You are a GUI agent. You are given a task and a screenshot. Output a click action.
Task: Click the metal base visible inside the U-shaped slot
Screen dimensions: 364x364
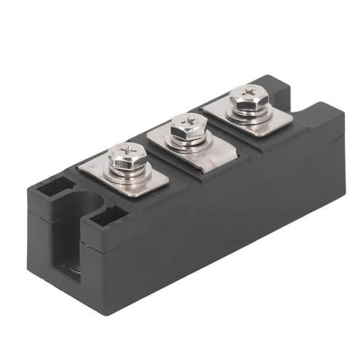click(73, 268)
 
